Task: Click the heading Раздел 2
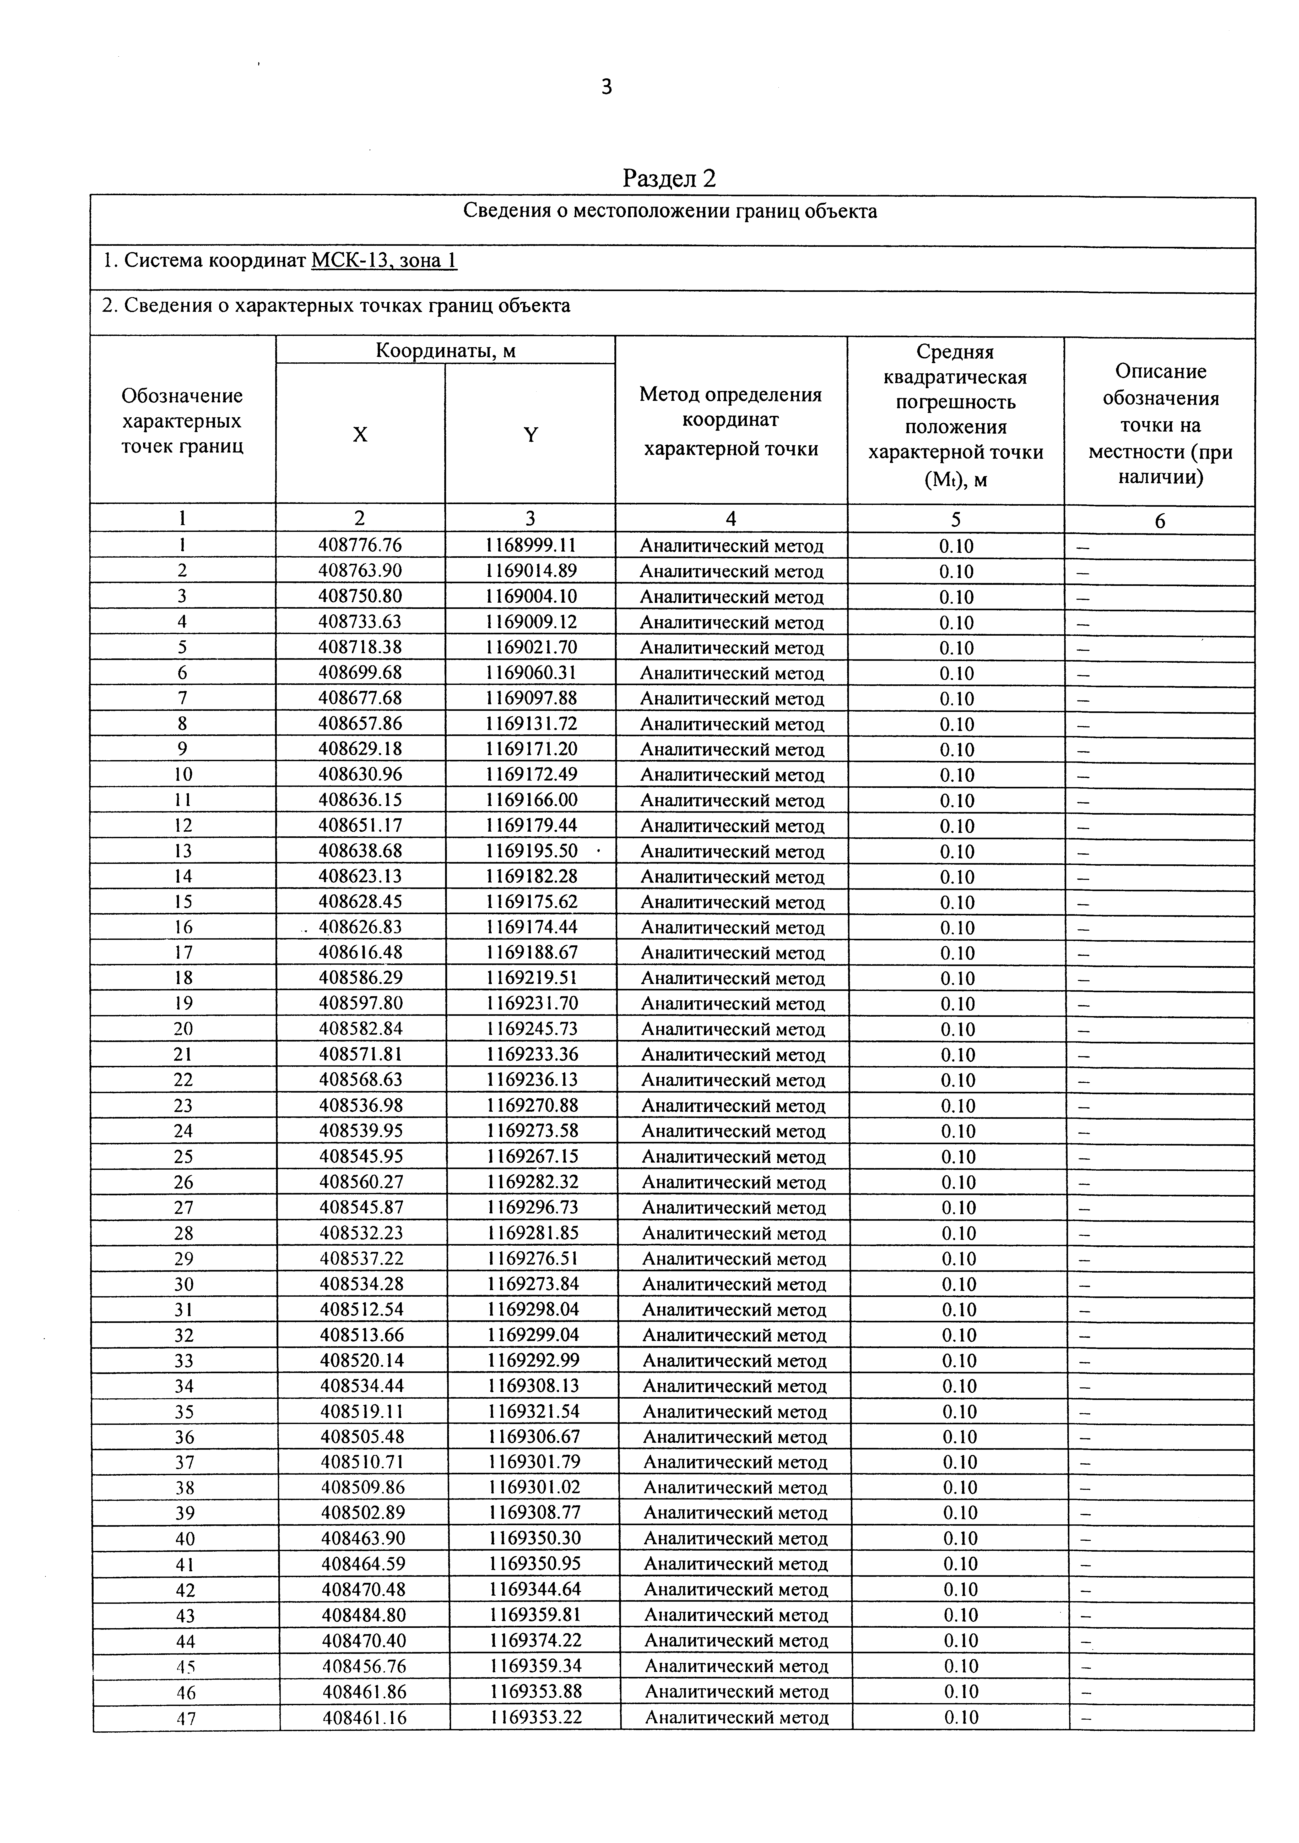pos(669,178)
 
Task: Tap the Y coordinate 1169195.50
pos(532,851)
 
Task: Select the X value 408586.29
pos(360,978)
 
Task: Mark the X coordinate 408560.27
pos(360,1182)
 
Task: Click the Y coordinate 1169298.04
pos(532,1309)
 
